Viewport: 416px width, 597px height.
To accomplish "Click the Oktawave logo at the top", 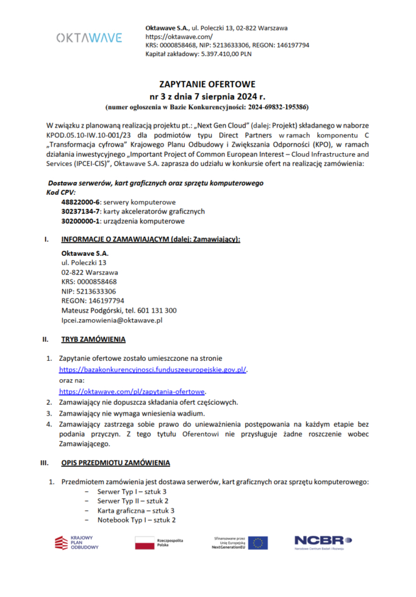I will tap(89, 38).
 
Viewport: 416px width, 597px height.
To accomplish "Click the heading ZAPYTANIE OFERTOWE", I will tap(207, 84).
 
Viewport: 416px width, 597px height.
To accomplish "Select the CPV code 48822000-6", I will tap(81, 201).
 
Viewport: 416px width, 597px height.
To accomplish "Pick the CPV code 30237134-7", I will tap(81, 211).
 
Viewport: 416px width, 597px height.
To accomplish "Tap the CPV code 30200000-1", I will tap(81, 221).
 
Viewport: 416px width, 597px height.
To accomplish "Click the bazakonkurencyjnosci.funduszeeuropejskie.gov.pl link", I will tap(153, 369).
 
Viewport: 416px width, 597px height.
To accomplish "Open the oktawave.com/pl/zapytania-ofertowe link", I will tap(132, 391).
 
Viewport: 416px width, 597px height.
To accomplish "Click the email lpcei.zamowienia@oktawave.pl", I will tap(112, 319).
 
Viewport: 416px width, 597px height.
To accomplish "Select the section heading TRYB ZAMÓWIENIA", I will tap(93, 339).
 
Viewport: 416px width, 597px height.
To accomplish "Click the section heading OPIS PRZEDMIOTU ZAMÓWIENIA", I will tap(115, 463).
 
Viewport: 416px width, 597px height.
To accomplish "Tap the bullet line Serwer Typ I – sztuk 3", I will tap(132, 491).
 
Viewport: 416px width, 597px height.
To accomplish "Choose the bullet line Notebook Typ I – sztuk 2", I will tap(137, 520).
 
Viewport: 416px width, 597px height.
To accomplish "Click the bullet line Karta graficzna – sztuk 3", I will tap(136, 510).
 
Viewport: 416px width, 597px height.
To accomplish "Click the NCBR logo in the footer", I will tap(323, 541).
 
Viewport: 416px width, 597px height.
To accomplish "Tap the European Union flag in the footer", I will tap(257, 542).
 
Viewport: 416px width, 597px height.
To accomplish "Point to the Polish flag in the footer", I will tap(145, 542).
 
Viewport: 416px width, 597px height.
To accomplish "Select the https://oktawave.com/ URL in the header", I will tap(170, 37).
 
